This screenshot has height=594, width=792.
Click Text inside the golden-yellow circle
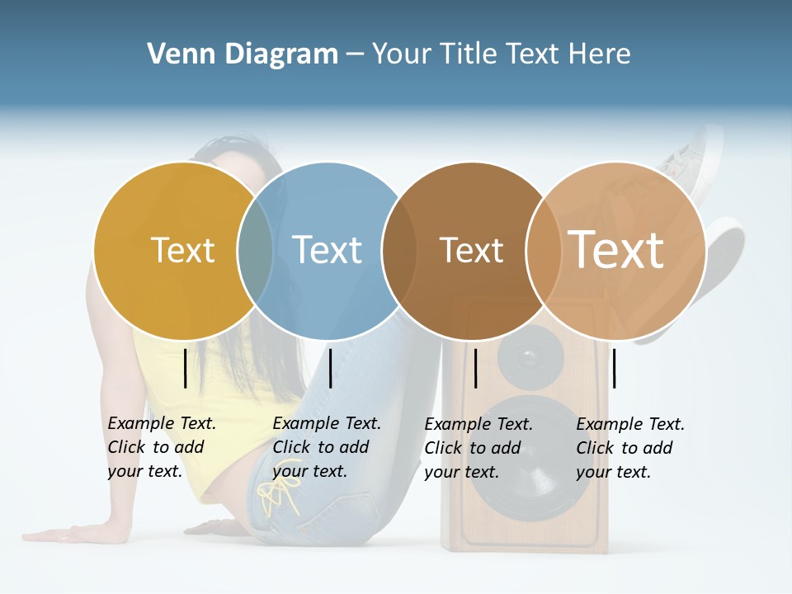182,250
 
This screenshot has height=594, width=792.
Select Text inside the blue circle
327,250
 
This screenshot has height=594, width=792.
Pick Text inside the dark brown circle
471,250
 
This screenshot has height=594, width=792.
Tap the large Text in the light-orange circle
616,250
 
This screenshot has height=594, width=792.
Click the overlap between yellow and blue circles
255,250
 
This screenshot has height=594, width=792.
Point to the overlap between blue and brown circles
399,250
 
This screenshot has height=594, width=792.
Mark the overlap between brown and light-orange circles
543,250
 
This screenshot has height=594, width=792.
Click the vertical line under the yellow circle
186,368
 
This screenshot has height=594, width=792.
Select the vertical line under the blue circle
330,368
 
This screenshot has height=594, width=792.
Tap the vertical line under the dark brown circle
476,368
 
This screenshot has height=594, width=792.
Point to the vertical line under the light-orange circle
614,368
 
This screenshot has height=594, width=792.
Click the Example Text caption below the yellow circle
161,447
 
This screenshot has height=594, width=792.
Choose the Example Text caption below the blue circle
326,447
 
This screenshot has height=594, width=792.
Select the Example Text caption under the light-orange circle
629,448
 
